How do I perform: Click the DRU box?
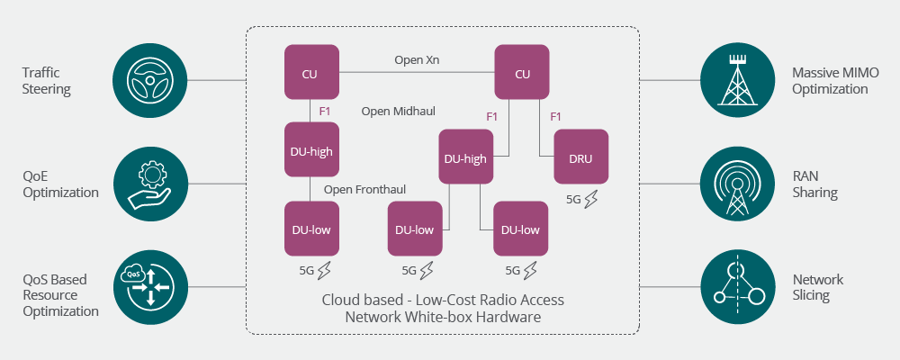580,157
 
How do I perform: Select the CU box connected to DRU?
522,73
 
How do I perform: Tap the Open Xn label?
417,60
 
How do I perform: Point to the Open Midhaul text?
398,111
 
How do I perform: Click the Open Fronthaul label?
364,189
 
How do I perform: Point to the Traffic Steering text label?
47,81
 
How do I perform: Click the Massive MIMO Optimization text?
830,81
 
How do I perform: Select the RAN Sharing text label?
815,184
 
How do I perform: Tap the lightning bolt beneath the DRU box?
590,200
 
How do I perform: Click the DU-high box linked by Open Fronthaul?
311,150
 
